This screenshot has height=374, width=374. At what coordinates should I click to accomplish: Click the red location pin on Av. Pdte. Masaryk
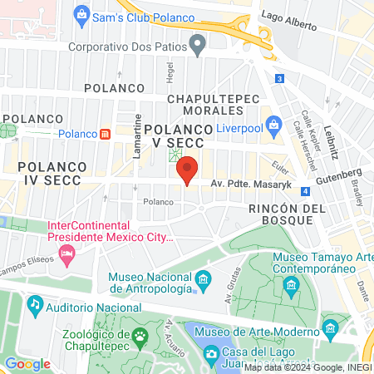(x=187, y=169)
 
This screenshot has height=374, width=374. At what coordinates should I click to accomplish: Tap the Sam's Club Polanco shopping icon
(x=81, y=13)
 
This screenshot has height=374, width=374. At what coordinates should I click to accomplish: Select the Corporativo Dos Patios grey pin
(x=197, y=45)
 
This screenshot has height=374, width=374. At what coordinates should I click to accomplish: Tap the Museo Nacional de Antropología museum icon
(x=202, y=288)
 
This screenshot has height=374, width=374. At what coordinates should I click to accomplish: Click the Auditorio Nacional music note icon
(x=34, y=306)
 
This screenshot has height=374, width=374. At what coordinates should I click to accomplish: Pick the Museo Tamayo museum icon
(x=292, y=287)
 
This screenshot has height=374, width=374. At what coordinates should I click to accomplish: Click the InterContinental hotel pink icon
(x=67, y=259)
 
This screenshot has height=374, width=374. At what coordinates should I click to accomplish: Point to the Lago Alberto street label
(x=288, y=14)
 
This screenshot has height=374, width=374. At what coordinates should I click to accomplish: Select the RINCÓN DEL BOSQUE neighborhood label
(x=281, y=214)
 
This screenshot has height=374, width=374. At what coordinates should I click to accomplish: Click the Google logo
(x=27, y=363)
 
